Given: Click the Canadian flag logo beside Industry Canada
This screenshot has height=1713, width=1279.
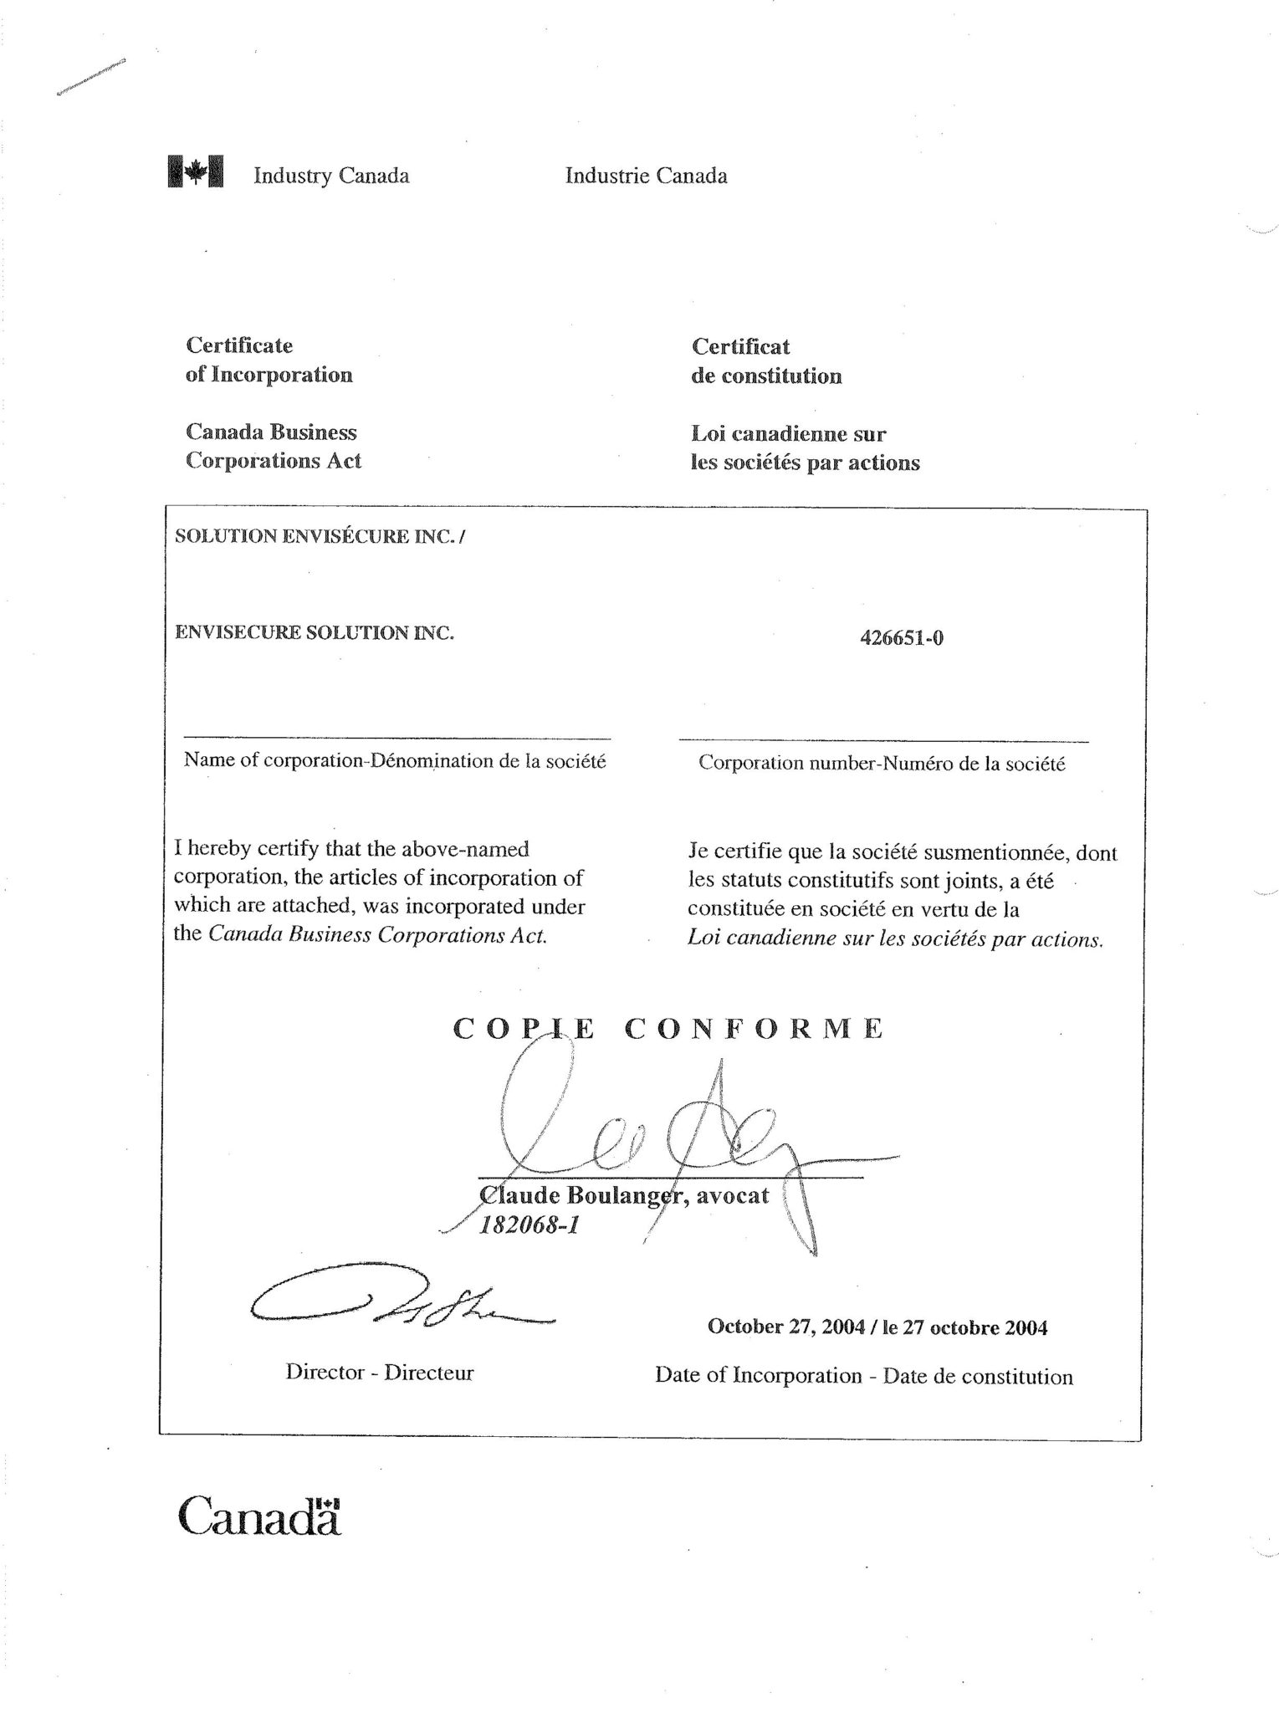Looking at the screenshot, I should (196, 171).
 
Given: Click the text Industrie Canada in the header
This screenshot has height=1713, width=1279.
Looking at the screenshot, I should (646, 176).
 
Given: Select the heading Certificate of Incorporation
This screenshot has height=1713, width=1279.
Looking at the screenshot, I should (269, 360).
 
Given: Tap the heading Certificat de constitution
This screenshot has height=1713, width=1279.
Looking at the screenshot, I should (765, 361).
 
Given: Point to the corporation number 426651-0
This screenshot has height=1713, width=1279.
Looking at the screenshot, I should (901, 639).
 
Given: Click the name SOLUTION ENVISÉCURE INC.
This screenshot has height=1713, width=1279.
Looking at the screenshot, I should (318, 537).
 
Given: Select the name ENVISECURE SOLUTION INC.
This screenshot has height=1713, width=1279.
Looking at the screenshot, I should (314, 632).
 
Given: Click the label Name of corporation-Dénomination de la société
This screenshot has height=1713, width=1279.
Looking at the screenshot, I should (394, 761).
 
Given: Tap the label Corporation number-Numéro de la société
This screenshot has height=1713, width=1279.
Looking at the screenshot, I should (882, 764).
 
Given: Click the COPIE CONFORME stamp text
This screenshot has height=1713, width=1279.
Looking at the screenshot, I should (668, 1028).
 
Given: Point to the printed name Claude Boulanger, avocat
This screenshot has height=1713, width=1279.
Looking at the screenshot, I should (623, 1195).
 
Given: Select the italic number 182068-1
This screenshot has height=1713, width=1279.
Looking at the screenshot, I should (529, 1225).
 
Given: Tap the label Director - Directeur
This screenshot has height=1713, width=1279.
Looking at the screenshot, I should (379, 1373).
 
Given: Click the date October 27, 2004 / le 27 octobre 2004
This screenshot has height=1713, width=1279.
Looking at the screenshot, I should (877, 1327).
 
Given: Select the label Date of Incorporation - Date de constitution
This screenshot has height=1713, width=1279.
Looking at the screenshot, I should (863, 1376).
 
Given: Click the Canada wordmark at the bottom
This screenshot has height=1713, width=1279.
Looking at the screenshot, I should (259, 1515).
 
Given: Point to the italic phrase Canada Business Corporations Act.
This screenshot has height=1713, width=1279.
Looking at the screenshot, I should (377, 935).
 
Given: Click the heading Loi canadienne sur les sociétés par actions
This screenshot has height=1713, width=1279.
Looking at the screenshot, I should (805, 448).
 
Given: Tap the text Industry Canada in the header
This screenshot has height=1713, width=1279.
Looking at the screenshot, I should (331, 176).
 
